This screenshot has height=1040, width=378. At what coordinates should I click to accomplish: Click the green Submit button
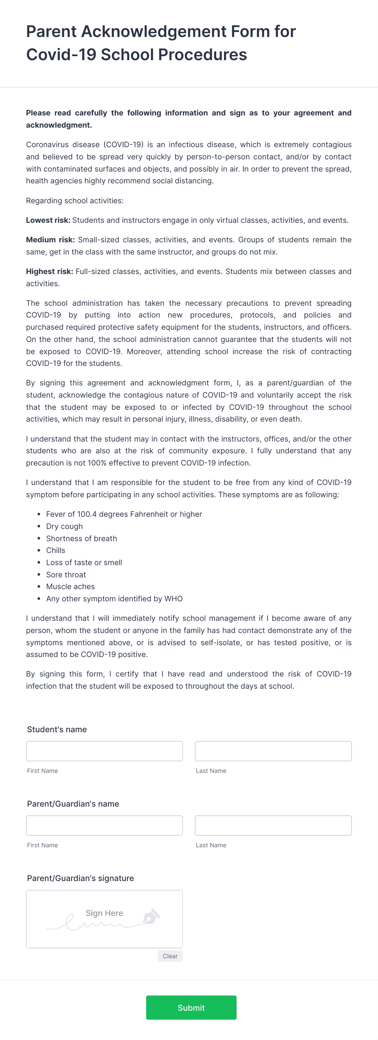pos(191,1007)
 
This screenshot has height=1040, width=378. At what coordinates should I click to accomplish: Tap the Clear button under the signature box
pos(170,956)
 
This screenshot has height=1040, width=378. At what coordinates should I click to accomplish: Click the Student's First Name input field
pos(104,751)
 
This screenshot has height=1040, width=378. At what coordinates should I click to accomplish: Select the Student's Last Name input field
pos(273,751)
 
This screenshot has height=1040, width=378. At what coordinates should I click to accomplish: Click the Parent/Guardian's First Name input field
pos(104,825)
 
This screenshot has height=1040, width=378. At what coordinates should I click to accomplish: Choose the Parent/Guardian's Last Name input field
pos(273,825)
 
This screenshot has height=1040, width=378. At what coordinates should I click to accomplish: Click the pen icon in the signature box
pos(151,916)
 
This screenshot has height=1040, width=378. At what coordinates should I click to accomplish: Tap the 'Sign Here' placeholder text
pos(104,913)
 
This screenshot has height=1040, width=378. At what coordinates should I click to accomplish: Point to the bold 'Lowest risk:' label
pos(48,220)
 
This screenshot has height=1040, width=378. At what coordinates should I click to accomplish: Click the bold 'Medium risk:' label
pos(50,239)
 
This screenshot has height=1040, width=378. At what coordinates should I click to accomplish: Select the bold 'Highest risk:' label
pos(50,271)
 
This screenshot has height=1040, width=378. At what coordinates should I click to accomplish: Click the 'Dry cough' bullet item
pos(64,526)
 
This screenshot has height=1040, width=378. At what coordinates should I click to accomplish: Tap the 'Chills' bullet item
pos(56,550)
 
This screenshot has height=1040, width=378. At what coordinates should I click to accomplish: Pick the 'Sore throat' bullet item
pos(66,574)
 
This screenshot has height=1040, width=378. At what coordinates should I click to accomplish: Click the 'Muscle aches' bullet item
pos(70,586)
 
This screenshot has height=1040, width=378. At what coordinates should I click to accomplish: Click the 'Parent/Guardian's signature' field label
pos(80,878)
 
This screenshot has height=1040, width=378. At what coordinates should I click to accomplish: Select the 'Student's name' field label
pos(57,729)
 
